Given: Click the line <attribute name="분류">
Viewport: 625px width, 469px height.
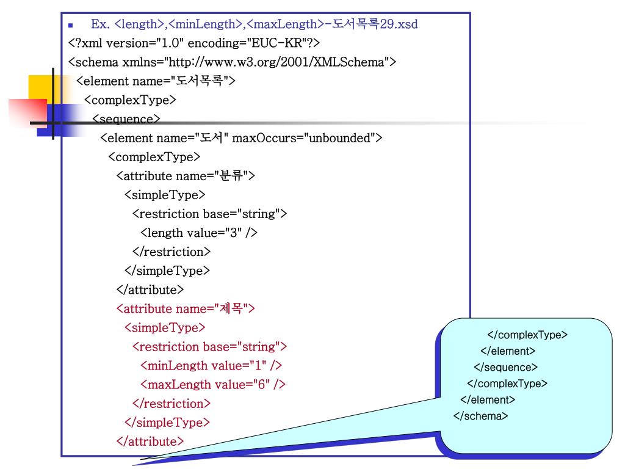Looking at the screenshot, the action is [x=185, y=176].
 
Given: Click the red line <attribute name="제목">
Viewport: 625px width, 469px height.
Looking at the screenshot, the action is [x=185, y=308].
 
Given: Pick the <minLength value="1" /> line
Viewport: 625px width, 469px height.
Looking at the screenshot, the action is [x=211, y=365].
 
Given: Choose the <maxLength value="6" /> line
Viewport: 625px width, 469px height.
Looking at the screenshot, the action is [x=212, y=384].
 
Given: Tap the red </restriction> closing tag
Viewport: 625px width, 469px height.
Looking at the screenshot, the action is [x=171, y=403].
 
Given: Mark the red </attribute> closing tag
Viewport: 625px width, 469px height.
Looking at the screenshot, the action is [x=150, y=441].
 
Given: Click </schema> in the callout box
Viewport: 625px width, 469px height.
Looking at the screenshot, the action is [x=480, y=416].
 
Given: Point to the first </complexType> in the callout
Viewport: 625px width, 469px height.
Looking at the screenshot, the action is [x=527, y=335].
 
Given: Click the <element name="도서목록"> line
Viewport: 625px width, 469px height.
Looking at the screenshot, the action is [x=156, y=81].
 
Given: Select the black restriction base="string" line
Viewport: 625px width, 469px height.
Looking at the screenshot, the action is [x=209, y=214].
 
